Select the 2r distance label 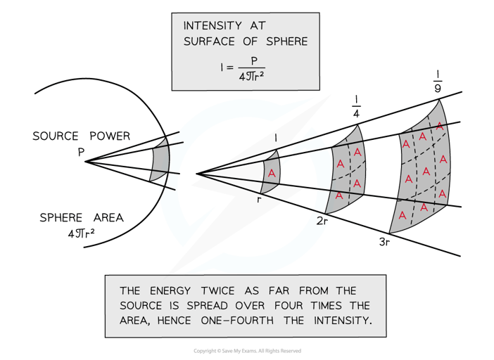point(323,221)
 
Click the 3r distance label point(382,241)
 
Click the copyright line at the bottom point(247,351)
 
